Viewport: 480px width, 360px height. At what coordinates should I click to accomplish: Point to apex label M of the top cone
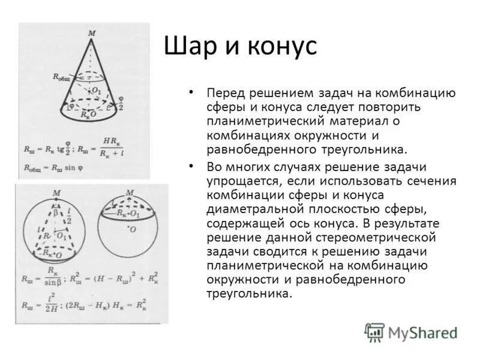click(92, 33)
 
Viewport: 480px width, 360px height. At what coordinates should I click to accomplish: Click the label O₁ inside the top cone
click(96, 90)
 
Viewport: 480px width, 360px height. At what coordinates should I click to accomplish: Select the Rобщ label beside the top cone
click(62, 76)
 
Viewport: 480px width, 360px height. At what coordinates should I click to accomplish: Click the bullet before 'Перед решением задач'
click(191, 94)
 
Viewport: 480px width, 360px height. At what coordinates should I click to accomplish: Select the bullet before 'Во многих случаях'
click(191, 166)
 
